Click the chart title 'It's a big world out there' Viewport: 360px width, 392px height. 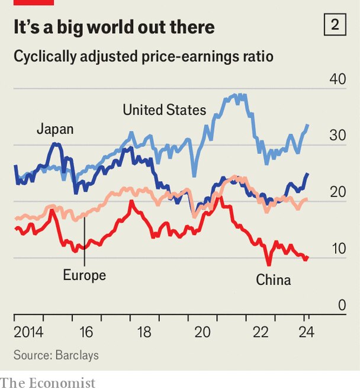pos(114,27)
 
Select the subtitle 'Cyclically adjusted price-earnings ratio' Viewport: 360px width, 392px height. pos(143,57)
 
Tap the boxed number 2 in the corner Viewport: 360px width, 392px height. pos(335,25)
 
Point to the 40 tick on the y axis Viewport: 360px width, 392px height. pos(337,79)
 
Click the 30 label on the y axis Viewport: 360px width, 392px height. pos(337,135)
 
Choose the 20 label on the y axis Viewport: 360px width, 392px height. pos(337,192)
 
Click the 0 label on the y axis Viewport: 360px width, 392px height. pos(342,305)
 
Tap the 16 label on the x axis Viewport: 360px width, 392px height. pos(86,332)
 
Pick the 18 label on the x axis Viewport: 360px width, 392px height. pos(144,332)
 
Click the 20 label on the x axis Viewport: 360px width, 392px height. pos(203,332)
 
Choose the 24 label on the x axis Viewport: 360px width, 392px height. pos(306,332)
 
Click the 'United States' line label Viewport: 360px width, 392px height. pos(164,110)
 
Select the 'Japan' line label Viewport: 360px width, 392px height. pos(55,128)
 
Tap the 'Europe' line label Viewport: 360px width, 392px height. pos(84,275)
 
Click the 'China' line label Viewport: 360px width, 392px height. pos(273,279)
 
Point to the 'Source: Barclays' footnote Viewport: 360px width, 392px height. pos(56,355)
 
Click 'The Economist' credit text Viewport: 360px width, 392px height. pos(47,383)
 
